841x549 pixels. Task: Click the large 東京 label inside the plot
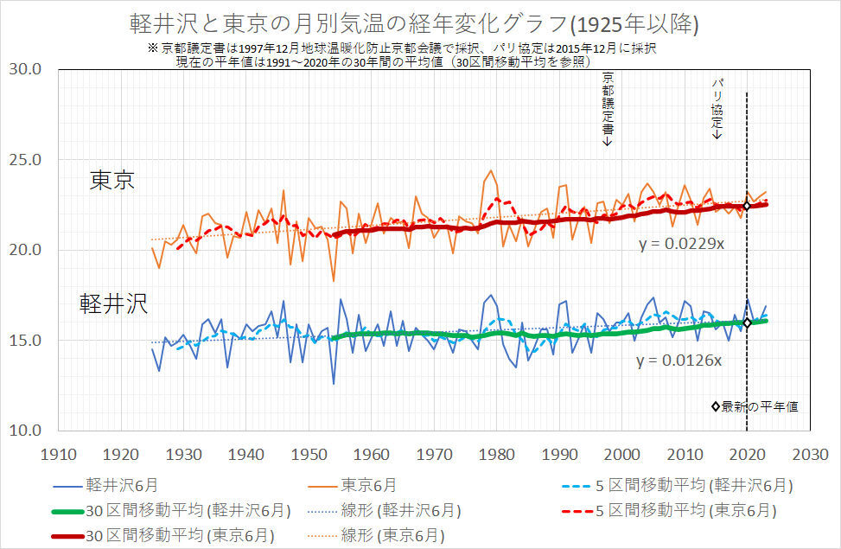click(111, 181)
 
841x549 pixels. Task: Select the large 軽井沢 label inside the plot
click(113, 303)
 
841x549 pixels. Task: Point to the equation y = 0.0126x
click(679, 360)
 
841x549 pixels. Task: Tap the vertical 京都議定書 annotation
click(608, 107)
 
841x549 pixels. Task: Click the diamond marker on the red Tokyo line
click(747, 206)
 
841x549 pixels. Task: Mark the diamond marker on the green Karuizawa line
click(747, 322)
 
